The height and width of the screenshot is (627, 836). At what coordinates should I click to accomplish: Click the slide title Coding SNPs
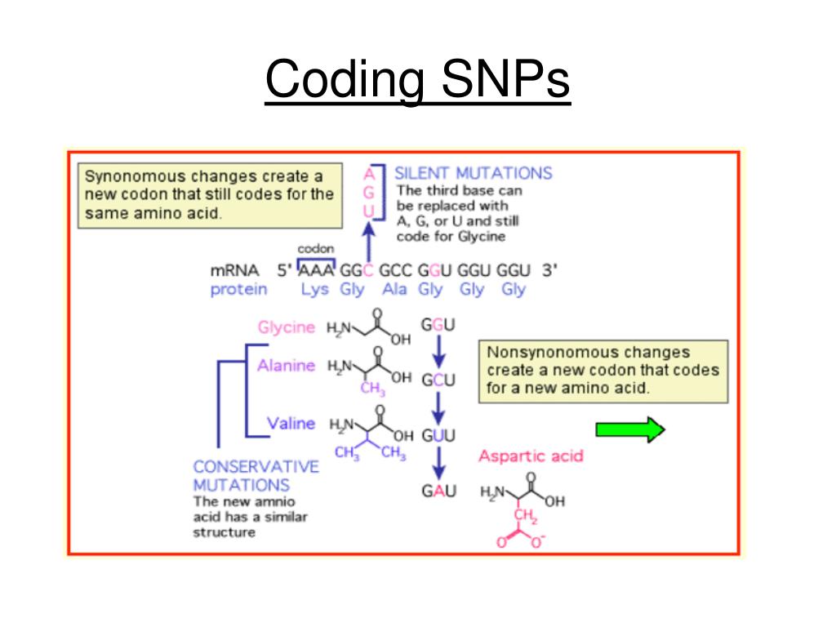coord(417,80)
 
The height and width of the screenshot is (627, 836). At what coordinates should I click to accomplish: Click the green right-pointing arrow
coord(630,429)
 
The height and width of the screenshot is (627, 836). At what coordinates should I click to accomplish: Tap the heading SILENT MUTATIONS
coord(473,173)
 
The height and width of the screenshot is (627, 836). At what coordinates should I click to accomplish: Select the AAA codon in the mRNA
coord(316,271)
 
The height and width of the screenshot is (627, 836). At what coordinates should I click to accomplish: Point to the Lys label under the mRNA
coord(314,290)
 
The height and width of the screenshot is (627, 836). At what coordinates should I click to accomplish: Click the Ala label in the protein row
coord(394,290)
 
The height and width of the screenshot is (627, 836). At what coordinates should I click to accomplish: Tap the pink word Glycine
coord(286,327)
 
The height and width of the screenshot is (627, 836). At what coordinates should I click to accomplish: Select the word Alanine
coord(286,366)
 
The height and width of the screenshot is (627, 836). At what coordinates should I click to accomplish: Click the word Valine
coord(291,423)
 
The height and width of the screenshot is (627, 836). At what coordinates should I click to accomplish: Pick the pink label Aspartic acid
coord(531,456)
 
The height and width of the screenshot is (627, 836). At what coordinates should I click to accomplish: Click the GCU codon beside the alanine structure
coord(438,380)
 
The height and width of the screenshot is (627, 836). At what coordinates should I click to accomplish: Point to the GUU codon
coord(438,435)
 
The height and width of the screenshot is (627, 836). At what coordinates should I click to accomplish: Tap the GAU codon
coord(438,491)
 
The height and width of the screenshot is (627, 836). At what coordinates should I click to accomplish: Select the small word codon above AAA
coord(315,248)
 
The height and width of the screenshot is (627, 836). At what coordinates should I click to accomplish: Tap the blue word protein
coord(238,290)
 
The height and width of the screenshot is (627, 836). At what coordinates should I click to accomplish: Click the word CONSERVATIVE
coord(256,467)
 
